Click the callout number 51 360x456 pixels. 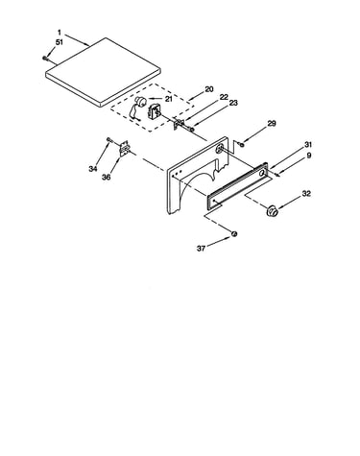60,42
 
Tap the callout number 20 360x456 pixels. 209,89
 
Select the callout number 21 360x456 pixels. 168,99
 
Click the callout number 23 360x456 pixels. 233,104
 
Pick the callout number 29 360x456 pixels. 272,124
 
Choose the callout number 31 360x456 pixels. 308,145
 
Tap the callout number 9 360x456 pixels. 308,156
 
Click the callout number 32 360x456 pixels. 306,194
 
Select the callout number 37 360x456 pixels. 201,249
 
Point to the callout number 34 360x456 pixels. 93,169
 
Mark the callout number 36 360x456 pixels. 107,177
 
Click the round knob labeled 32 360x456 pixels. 273,210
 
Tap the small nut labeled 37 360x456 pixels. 234,234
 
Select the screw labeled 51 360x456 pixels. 44,58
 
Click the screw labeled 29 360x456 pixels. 242,145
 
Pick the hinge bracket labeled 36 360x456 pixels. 124,149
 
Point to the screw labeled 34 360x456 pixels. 108,139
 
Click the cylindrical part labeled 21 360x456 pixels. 140,101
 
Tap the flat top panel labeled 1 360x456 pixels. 103,72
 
